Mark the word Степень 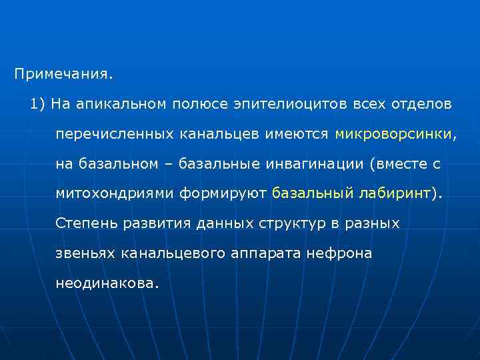(x=86, y=223)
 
